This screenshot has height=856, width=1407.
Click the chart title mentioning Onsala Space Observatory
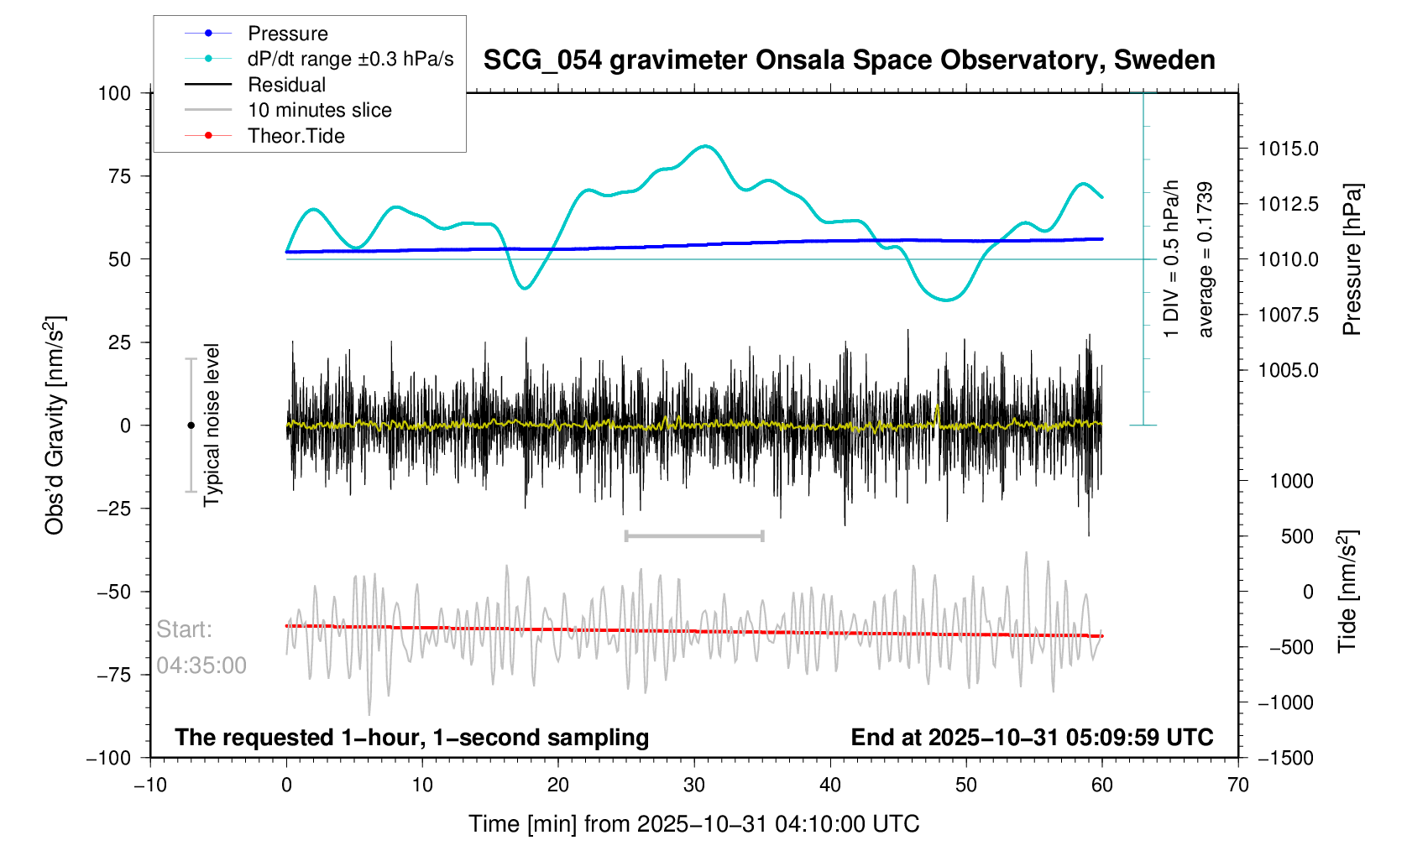[x=849, y=60]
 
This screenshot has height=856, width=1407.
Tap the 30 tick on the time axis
[x=694, y=785]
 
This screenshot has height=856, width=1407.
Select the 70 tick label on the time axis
[x=1237, y=785]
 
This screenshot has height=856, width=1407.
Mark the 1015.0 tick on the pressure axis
[x=1288, y=149]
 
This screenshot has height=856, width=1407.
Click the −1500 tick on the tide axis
[x=1284, y=758]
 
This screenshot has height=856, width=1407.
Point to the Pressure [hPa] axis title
[x=1352, y=259]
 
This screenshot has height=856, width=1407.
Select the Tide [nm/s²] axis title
[x=1348, y=592]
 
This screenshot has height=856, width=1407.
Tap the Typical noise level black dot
[x=191, y=425]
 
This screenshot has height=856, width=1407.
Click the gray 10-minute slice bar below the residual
[x=694, y=535]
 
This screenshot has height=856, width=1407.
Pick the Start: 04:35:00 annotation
[x=201, y=647]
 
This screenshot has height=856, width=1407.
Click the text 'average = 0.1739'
[x=1206, y=259]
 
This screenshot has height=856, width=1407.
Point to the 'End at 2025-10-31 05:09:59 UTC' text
[x=1032, y=738]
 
